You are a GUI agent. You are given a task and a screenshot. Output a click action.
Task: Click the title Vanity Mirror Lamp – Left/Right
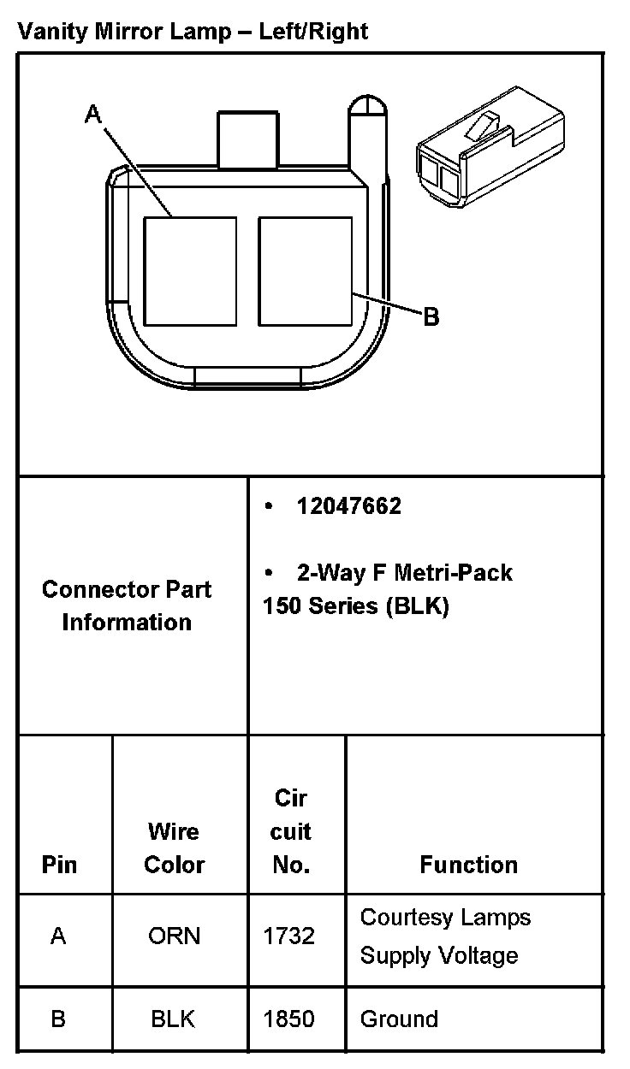point(193,32)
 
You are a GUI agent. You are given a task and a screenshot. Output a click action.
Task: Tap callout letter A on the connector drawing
point(93,114)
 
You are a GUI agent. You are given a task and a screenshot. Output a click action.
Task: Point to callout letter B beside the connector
point(431,317)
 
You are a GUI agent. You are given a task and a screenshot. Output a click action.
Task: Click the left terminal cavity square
point(189,270)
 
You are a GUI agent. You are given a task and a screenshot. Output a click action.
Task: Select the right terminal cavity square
point(305,270)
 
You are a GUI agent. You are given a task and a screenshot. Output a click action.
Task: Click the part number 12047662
point(348,506)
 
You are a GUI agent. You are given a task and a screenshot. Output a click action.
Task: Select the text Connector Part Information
point(127,605)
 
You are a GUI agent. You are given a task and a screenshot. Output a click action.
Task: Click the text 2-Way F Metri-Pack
point(404,572)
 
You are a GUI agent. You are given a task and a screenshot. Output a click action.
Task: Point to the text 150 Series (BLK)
point(355,605)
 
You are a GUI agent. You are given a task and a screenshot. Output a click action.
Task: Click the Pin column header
point(59,865)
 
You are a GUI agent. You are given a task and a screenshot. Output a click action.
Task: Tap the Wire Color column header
point(174,848)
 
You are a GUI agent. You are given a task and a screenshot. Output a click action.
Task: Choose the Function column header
point(468,865)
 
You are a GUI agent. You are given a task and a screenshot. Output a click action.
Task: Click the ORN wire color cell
point(174,936)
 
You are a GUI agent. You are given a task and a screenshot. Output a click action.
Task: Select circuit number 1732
point(289,936)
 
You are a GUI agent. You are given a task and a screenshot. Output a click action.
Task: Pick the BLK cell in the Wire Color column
point(174,1019)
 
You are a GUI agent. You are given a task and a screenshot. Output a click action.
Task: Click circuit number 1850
point(289,1019)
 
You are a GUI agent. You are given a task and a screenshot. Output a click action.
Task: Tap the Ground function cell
point(399,1019)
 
